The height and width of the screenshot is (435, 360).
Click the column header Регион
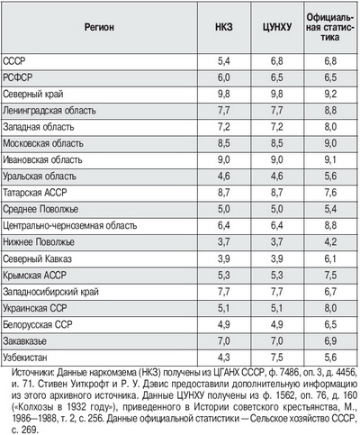(x=99, y=27)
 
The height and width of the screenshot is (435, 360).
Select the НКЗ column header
(x=224, y=27)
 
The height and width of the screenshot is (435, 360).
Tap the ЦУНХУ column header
(x=277, y=27)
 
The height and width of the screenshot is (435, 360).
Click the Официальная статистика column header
(x=330, y=27)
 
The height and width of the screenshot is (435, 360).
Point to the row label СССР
(x=14, y=61)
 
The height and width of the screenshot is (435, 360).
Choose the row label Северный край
(x=33, y=95)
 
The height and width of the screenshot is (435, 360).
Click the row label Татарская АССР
(x=35, y=193)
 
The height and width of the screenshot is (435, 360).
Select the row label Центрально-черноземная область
(x=70, y=225)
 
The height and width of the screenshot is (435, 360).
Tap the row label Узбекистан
(x=25, y=358)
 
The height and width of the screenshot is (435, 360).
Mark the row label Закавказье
(x=25, y=341)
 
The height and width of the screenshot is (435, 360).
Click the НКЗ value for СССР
(x=224, y=61)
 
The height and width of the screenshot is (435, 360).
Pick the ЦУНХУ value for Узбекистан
(x=277, y=358)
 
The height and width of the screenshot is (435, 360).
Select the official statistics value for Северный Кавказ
(x=330, y=258)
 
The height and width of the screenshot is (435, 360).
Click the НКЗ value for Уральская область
(x=224, y=177)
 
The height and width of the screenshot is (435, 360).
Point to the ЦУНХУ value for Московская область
(x=277, y=143)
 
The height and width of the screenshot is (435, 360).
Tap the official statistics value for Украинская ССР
(x=330, y=308)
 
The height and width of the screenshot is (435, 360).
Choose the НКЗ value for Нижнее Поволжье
(x=224, y=242)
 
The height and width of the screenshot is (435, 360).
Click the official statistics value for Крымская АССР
(x=330, y=276)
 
